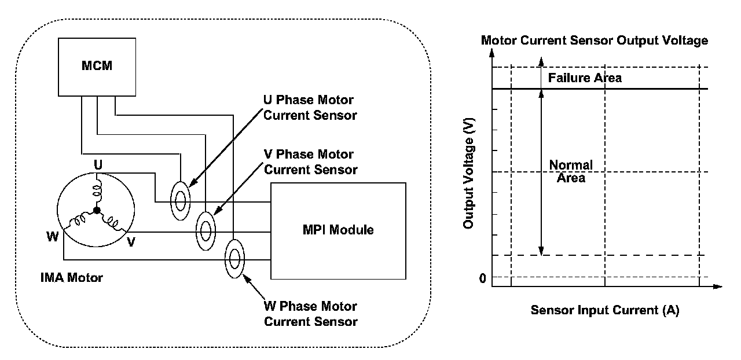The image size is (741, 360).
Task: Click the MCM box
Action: point(97,66)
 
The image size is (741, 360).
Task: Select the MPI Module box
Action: point(338,230)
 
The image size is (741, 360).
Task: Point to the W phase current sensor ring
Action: point(234,259)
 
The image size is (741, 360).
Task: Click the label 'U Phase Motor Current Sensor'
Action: point(310,108)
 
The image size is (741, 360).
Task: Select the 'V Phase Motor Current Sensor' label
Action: point(310,162)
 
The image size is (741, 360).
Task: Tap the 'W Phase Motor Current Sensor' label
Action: point(310,314)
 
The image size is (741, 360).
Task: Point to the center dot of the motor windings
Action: point(97,210)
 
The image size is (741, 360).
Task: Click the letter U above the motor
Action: point(98,165)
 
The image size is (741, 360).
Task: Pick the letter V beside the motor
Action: point(131,242)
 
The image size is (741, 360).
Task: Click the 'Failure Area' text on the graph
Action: point(585,78)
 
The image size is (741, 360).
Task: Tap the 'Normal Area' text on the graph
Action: point(571,171)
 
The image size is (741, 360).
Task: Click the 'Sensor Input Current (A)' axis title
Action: point(604,310)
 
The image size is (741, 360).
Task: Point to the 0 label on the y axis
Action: point(482,279)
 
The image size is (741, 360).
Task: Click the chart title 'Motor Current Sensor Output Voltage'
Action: point(595,41)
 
